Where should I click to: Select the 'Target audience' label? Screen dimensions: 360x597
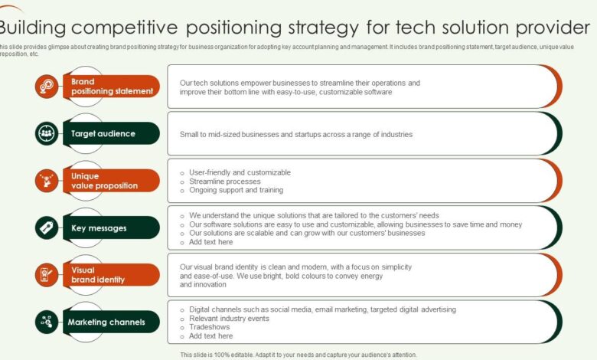coord(103,133)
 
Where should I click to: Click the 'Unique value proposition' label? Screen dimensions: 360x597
coord(104,181)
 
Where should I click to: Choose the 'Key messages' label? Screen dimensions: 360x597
coord(99,228)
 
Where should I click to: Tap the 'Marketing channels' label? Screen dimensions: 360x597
coord(107,322)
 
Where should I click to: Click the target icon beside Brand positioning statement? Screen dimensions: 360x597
coord(47,87)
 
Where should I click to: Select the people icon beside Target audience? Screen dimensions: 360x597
coord(47,133)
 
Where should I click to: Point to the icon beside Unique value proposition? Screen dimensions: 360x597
coord(47,181)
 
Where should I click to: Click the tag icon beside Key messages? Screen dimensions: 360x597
coord(47,228)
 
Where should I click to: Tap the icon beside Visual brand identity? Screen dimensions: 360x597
coord(47,275)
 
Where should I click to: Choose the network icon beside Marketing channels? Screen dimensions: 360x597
coord(47,322)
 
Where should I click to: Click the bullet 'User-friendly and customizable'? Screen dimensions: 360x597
coord(240,172)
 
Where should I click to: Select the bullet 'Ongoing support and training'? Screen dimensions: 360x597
coord(236,190)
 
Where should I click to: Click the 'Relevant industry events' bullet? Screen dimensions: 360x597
coord(229,318)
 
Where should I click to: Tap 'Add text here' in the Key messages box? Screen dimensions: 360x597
coord(210,242)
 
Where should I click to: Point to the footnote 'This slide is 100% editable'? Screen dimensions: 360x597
coord(230,355)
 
